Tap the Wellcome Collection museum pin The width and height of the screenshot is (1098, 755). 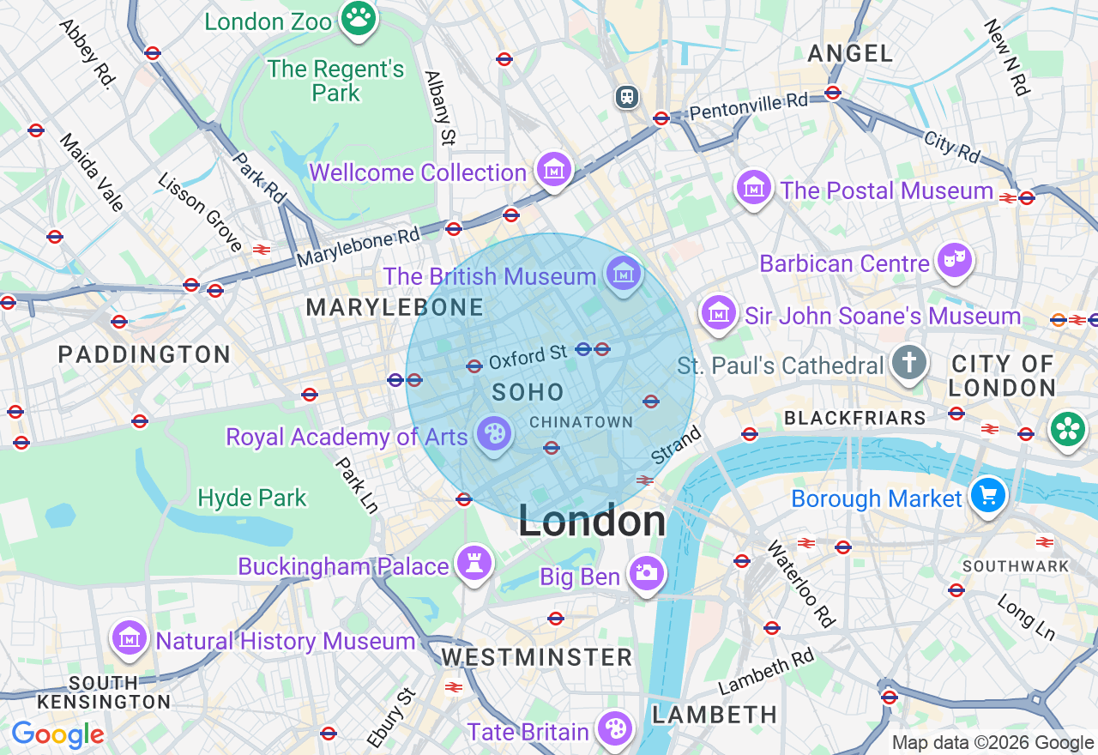pyautogui.click(x=554, y=169)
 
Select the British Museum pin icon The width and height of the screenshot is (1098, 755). pyautogui.click(x=624, y=274)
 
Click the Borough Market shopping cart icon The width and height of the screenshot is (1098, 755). pyautogui.click(x=987, y=495)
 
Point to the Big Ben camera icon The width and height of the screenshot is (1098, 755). pyautogui.click(x=646, y=573)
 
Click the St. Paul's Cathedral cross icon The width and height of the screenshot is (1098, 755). pyautogui.click(x=909, y=363)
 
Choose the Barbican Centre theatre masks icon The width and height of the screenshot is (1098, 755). pyautogui.click(x=954, y=260)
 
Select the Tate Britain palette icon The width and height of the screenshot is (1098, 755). pyautogui.click(x=615, y=728)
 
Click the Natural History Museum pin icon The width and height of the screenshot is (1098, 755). pyautogui.click(x=130, y=637)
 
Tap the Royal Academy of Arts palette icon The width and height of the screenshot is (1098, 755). pyautogui.click(x=492, y=434)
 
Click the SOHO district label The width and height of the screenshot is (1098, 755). pyautogui.click(x=528, y=393)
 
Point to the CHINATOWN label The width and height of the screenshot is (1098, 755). pyautogui.click(x=581, y=422)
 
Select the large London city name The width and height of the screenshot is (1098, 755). pyautogui.click(x=592, y=522)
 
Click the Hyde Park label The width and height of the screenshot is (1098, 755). pyautogui.click(x=251, y=498)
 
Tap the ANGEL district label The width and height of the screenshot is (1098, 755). pyautogui.click(x=850, y=54)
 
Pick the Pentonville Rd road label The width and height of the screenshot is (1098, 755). pyautogui.click(x=748, y=107)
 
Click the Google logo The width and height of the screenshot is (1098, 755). pyautogui.click(x=57, y=734)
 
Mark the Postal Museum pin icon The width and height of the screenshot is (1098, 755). pyautogui.click(x=754, y=187)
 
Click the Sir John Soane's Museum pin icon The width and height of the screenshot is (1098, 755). pyautogui.click(x=719, y=312)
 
